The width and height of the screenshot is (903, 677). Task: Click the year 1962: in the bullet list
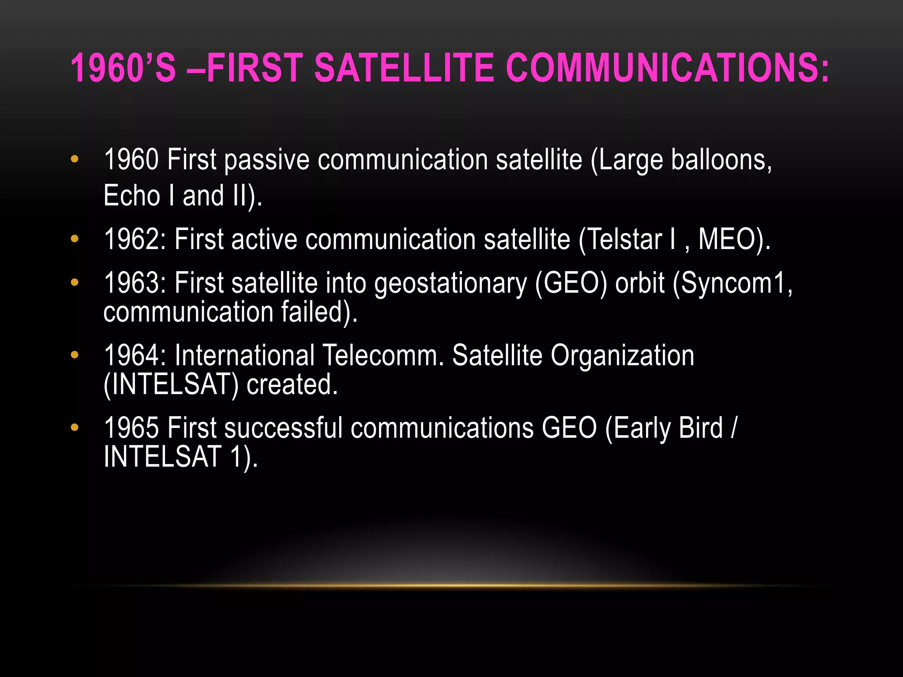(x=135, y=240)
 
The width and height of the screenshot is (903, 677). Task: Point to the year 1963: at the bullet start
(x=135, y=283)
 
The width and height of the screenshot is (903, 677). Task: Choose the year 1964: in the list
(x=135, y=355)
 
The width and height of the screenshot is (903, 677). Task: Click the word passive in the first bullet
(x=267, y=160)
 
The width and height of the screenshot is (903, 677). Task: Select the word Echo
(x=132, y=196)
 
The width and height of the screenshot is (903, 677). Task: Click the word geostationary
(x=451, y=283)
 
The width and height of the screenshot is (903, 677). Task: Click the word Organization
(x=622, y=356)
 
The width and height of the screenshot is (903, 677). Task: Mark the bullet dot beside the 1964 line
(x=75, y=354)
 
